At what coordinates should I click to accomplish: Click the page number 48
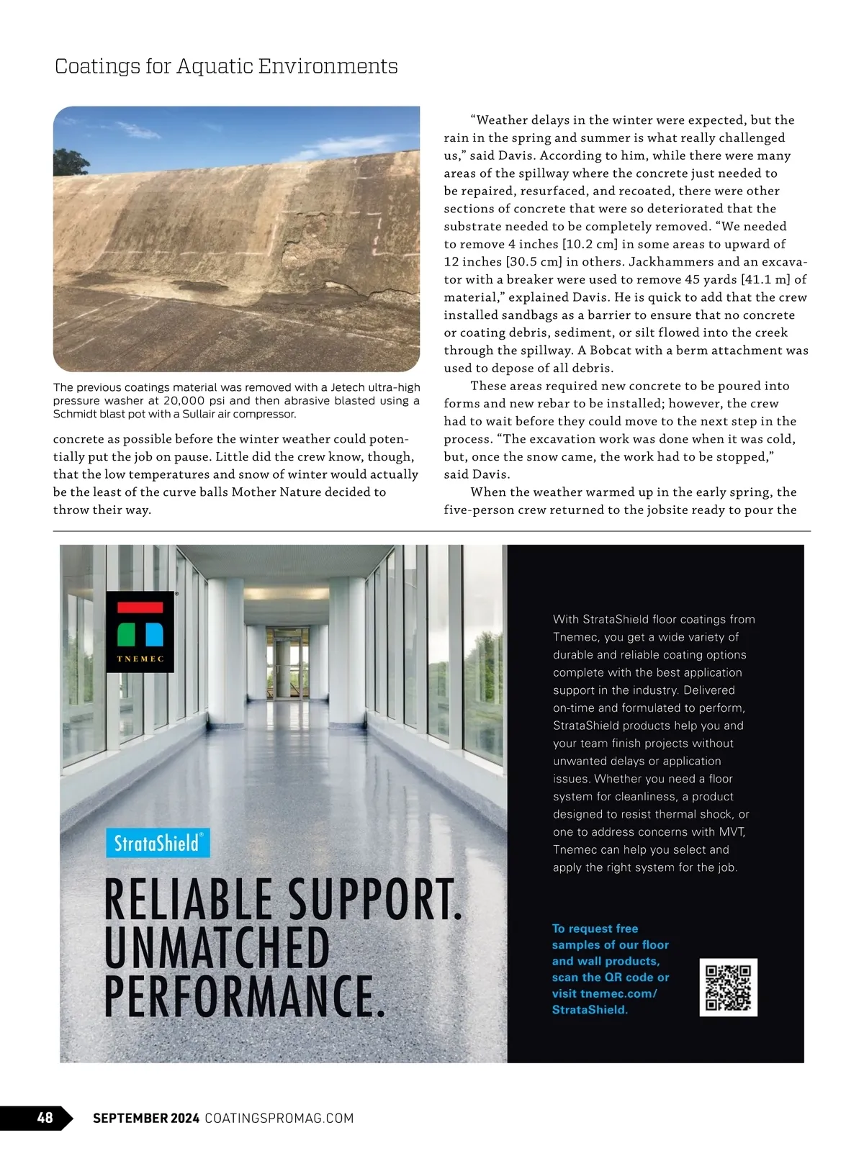[45, 1117]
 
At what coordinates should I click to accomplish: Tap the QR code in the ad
[728, 987]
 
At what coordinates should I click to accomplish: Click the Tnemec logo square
[140, 632]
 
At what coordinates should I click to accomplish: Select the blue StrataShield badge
[158, 843]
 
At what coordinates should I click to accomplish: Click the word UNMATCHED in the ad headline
[217, 948]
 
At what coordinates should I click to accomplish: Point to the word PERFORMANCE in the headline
[243, 997]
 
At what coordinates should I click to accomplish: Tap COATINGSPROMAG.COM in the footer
[279, 1118]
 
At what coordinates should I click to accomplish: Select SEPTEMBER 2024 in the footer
[146, 1118]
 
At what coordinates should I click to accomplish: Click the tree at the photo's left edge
[70, 163]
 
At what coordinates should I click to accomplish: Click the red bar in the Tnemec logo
[140, 608]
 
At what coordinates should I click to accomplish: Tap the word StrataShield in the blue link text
[589, 1010]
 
